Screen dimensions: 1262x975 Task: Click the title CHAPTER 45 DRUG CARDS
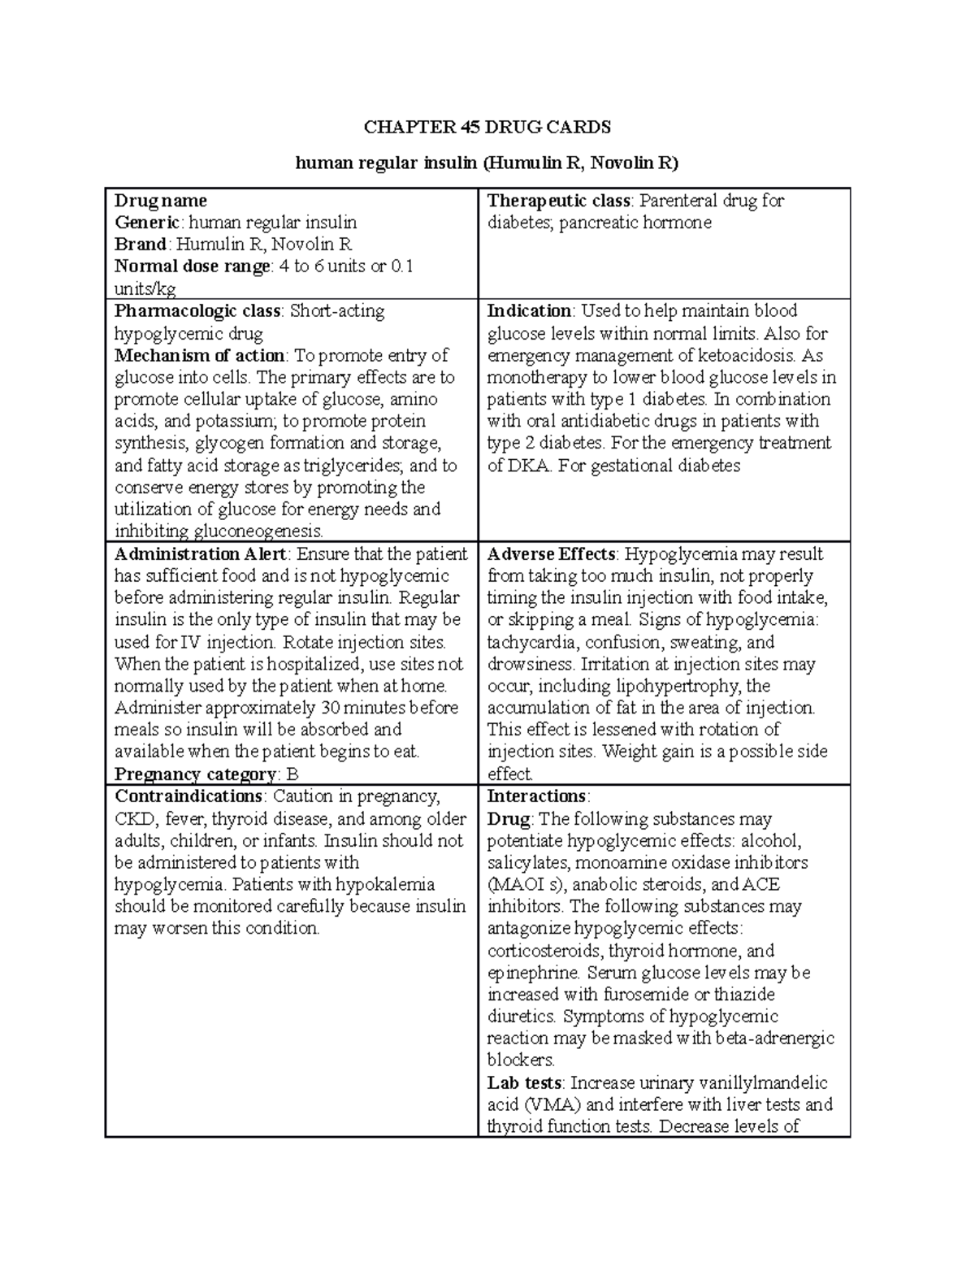click(487, 127)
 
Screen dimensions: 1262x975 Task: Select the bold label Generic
click(149, 223)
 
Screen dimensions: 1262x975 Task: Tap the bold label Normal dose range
click(192, 267)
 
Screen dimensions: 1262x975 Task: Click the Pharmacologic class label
click(197, 311)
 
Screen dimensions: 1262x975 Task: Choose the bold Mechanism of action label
click(200, 355)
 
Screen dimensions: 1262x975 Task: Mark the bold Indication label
click(529, 311)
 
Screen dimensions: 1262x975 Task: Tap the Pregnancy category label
click(195, 774)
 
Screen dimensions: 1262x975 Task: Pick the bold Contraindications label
click(188, 796)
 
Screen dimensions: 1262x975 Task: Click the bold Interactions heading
click(536, 796)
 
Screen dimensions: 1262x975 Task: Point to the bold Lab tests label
click(524, 1082)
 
